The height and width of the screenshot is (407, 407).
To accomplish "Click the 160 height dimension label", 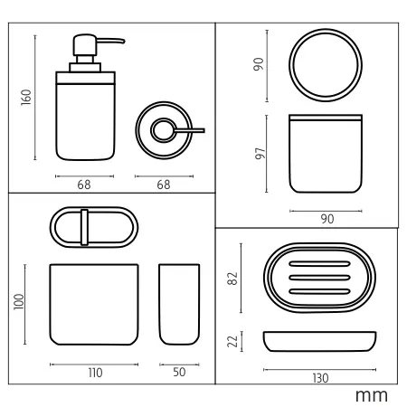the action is tap(26, 97).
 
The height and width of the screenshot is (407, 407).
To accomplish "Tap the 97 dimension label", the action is tap(260, 154).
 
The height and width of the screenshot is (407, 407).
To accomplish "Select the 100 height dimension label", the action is tap(19, 301).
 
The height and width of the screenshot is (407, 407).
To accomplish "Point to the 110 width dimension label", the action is tap(95, 373).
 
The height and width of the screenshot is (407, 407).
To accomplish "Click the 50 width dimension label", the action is tap(179, 372).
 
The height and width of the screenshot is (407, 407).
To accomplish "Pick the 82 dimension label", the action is tap(232, 279).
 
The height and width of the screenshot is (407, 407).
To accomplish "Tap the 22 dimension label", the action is tap(232, 341).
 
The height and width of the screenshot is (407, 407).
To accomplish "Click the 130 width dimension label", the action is tap(320, 378).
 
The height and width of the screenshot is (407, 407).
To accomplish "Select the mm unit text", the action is tap(372, 396).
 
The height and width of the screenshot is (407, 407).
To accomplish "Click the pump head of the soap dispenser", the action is tap(85, 44).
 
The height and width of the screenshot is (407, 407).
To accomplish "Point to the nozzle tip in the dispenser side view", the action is tap(123, 41).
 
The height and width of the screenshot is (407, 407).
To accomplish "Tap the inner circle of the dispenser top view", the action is tap(164, 130).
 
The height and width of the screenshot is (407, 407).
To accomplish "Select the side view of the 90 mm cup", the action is tap(326, 154).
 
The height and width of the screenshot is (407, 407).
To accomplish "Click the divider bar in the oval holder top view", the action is tap(84, 227).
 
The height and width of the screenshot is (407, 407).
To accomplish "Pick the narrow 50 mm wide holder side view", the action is tap(179, 305).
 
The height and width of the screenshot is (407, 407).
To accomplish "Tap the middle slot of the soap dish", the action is tap(319, 278).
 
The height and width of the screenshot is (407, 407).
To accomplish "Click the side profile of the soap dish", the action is tap(319, 342).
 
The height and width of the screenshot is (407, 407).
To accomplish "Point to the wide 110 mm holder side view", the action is tap(94, 305).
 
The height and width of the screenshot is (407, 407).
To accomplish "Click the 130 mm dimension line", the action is tap(319, 369).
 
